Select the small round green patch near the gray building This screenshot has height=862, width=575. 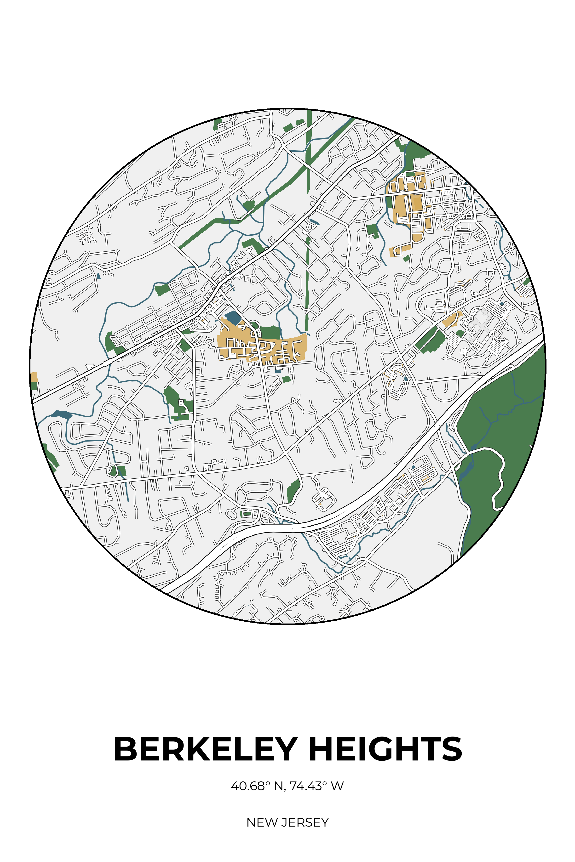tap(460, 333)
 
